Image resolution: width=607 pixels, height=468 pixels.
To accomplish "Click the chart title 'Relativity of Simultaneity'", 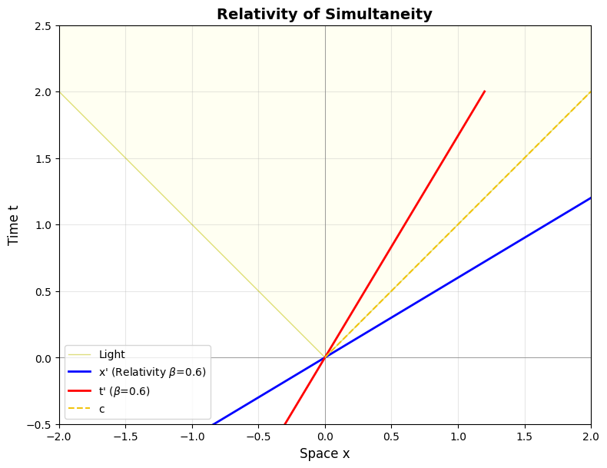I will click(x=324, y=14).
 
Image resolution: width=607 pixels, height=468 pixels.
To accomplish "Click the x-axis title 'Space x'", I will click(x=324, y=453).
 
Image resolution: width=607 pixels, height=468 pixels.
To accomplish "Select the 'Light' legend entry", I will click(x=111, y=355).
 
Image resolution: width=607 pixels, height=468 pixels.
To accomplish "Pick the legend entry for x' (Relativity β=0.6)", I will click(x=152, y=373).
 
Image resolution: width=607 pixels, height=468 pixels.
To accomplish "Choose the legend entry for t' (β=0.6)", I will click(x=124, y=391).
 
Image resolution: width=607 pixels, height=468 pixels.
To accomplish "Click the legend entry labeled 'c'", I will click(x=102, y=409).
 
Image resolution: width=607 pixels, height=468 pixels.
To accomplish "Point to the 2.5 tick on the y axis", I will click(x=42, y=25).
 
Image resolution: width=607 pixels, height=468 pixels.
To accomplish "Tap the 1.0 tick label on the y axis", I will click(x=42, y=225).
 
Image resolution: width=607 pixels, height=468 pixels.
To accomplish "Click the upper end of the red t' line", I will click(x=485, y=91).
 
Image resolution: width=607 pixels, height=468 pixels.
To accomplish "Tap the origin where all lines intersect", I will click(x=325, y=358).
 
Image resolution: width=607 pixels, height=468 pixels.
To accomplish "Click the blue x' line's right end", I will click(x=591, y=198).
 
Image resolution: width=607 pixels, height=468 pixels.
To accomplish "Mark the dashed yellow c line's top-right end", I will click(x=591, y=92).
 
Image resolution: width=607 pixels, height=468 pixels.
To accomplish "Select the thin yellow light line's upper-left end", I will click(x=60, y=92).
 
